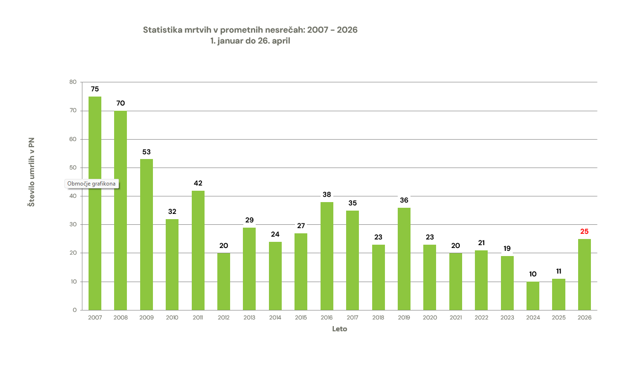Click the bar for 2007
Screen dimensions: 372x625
[x=95, y=204]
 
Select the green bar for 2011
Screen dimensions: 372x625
[x=198, y=250]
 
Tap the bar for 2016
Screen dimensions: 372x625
[x=327, y=256]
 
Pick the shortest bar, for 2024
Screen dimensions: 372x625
[x=533, y=296]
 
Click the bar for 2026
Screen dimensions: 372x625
[x=584, y=275]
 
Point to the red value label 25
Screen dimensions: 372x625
[x=584, y=231]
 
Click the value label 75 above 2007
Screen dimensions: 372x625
[x=95, y=89]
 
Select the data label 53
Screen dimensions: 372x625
[x=146, y=152]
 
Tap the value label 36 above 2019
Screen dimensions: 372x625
[x=404, y=200]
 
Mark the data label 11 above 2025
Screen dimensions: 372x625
[x=559, y=271]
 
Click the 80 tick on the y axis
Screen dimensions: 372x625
[x=72, y=82]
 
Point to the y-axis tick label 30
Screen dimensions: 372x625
[x=72, y=224]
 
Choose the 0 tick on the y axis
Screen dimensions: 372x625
[x=74, y=310]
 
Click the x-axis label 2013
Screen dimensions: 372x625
[x=250, y=318]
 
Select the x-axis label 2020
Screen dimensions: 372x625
[x=429, y=318]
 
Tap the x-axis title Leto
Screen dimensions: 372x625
[x=339, y=329]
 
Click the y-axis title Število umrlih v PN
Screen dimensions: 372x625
[x=31, y=172]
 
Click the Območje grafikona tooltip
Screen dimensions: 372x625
[x=91, y=184]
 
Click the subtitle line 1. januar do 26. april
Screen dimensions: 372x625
[x=250, y=41]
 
